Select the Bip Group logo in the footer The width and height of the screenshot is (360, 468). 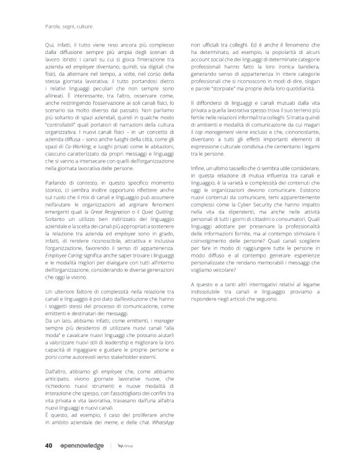coord(127,444)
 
